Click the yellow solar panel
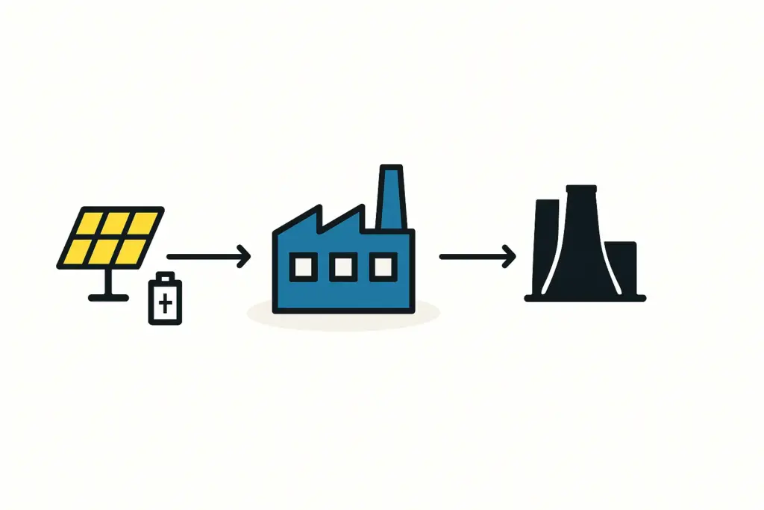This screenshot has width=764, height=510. (110, 238)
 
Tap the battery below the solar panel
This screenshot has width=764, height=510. (165, 300)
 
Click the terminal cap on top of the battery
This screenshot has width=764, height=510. (165, 276)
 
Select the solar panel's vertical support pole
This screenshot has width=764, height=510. (109, 281)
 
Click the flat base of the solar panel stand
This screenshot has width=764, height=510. (109, 297)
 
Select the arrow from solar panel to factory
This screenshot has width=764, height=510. (209, 258)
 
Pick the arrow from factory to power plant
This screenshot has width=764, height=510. (477, 258)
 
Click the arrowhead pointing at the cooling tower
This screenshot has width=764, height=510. (510, 258)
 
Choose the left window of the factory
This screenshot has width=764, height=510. (303, 267)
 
